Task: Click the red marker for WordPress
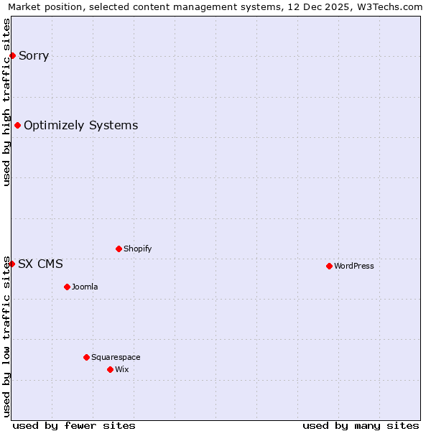[329, 266]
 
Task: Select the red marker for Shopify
[119, 249]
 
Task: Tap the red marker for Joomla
[67, 287]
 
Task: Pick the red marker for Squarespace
[86, 357]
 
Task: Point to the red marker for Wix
[110, 369]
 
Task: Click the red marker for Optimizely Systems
[17, 126]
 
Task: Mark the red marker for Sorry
[12, 55]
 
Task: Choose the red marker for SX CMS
[11, 264]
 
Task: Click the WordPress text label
[354, 266]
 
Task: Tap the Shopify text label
[138, 249]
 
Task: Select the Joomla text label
[85, 287]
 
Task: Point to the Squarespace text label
[116, 357]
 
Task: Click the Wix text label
[122, 369]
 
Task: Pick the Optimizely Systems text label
[81, 126]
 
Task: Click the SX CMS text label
[40, 264]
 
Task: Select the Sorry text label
[34, 55]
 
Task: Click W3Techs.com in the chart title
[391, 7]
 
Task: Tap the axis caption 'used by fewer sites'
[74, 425]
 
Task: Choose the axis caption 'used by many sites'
[361, 425]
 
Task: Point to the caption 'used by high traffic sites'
[7, 102]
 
